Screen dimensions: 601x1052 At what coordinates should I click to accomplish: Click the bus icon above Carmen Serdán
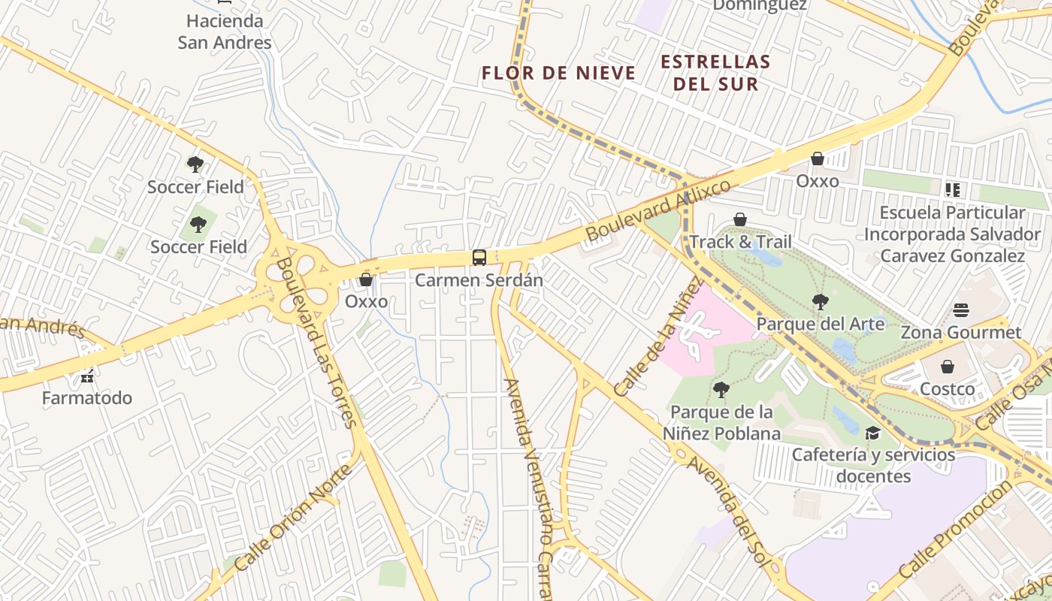click(479, 258)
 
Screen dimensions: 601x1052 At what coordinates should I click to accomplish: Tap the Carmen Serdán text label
click(479, 280)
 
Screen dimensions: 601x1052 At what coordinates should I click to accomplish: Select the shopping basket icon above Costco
click(948, 367)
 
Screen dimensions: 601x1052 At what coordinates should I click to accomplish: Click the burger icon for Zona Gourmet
click(960, 310)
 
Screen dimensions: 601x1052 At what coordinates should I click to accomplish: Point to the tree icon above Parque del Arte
click(820, 302)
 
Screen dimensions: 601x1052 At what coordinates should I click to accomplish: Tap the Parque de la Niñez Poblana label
click(721, 423)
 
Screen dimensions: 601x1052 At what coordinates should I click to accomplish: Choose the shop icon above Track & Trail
click(740, 219)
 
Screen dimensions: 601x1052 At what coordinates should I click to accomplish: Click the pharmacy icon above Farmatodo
click(87, 375)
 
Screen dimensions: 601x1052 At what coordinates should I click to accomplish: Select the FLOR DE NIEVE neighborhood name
click(558, 73)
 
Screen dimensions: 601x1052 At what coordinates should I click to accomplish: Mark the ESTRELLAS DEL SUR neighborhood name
click(715, 72)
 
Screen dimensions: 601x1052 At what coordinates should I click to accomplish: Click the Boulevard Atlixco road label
click(658, 210)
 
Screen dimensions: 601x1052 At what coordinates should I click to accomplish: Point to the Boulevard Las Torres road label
click(316, 342)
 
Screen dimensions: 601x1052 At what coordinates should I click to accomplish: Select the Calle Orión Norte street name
click(293, 518)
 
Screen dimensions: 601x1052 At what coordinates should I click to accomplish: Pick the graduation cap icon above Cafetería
click(872, 433)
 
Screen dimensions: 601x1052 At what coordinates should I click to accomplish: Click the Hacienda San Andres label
click(225, 32)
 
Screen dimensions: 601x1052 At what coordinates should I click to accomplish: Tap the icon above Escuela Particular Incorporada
click(953, 190)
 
